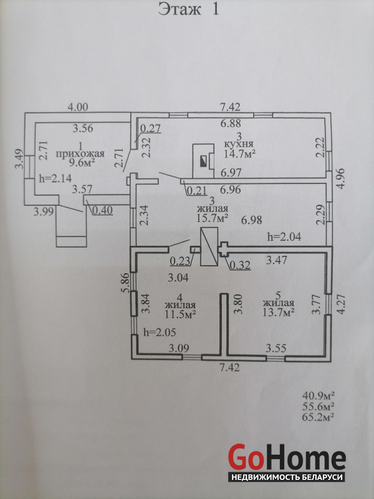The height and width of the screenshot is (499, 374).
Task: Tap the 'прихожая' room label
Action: click(77, 153)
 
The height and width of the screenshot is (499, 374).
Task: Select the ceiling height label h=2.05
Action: click(158, 332)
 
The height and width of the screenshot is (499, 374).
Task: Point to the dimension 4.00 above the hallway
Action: click(78, 107)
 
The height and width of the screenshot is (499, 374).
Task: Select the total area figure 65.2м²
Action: click(319, 416)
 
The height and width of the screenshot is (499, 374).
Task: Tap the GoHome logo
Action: click(286, 462)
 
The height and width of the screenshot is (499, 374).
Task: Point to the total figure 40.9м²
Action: click(319, 395)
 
